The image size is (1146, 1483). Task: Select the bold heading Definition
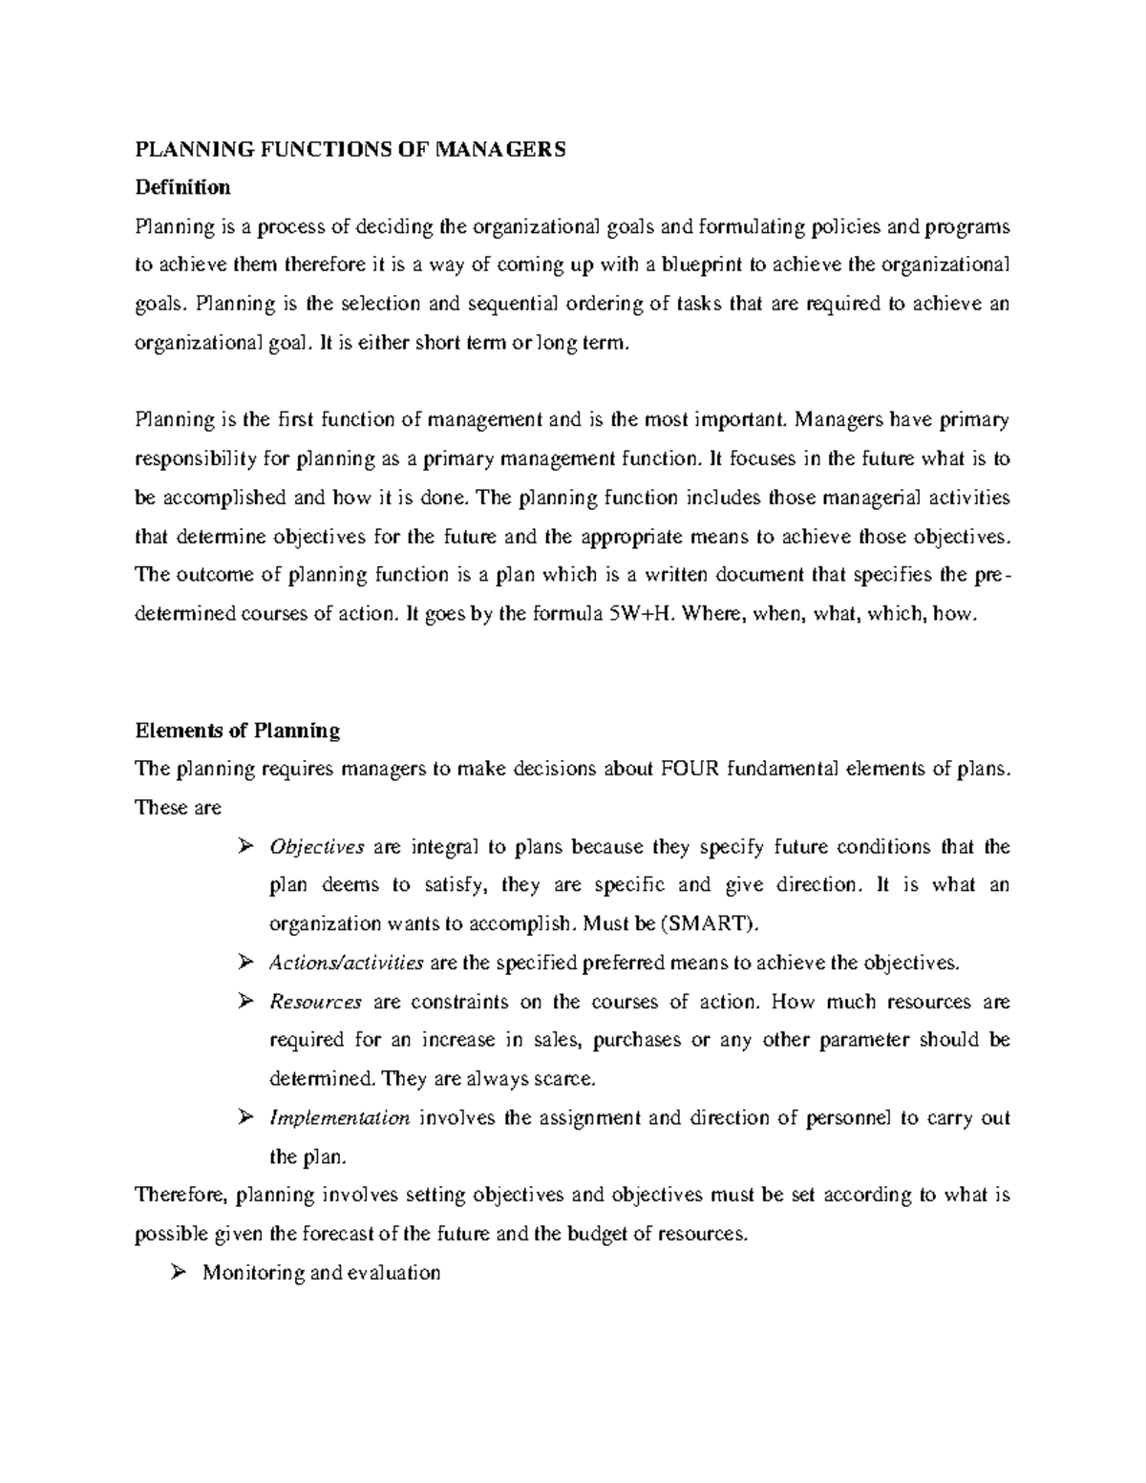182,188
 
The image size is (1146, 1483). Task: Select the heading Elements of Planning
238,731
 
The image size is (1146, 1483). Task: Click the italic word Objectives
317,847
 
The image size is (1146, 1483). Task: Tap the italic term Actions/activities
347,963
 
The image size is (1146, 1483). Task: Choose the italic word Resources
316,1002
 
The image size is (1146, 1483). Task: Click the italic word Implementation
340,1118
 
